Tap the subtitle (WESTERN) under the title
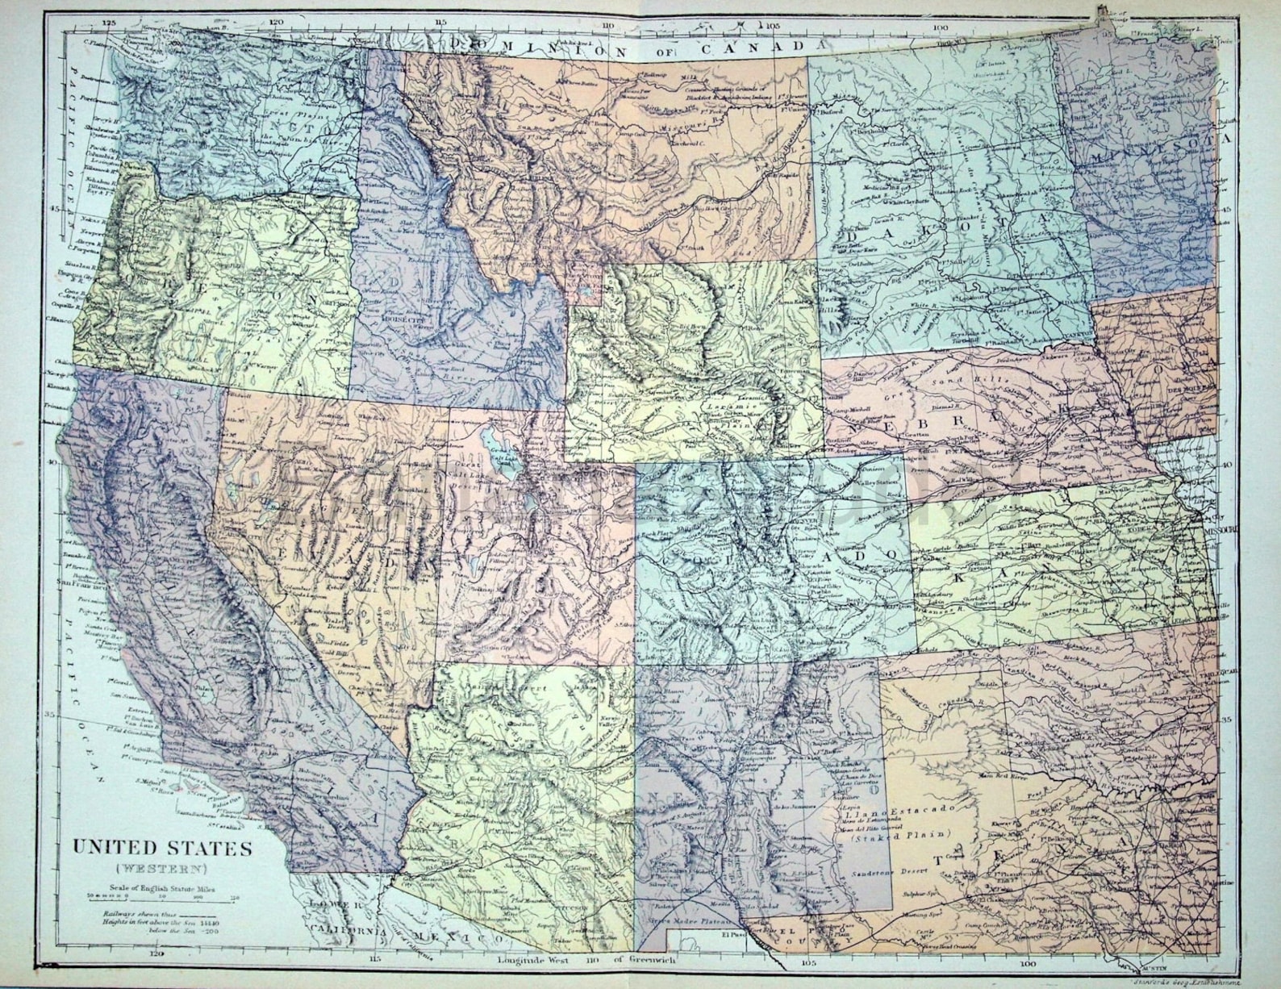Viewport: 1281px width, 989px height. [162, 869]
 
